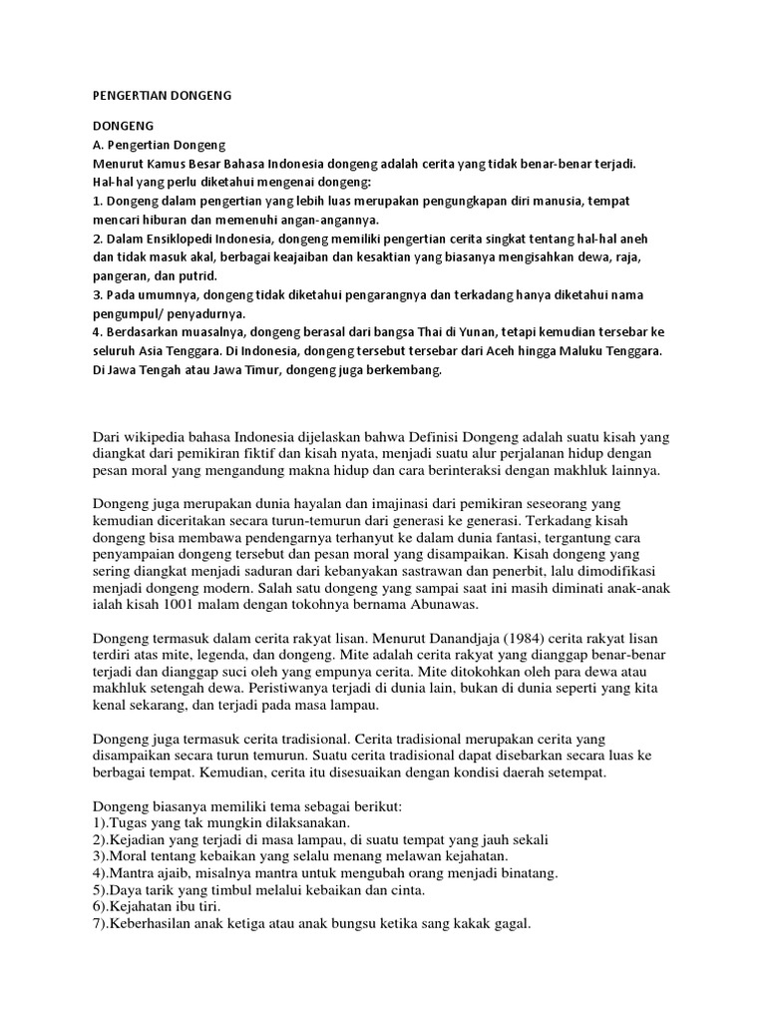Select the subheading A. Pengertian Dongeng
pyautogui.click(x=161, y=145)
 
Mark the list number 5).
pyautogui.click(x=103, y=890)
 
